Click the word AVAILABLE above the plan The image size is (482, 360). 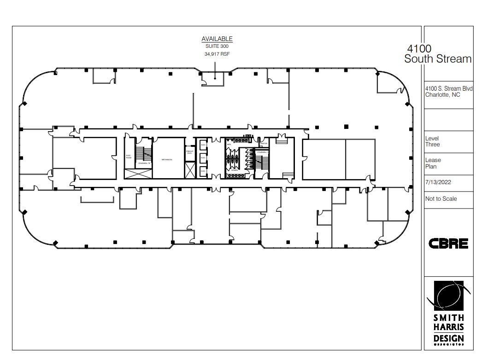click(217, 39)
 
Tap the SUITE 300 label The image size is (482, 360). click(217, 46)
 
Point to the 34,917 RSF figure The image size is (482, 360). click(217, 54)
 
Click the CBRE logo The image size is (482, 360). click(448, 244)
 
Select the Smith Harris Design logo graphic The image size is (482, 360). click(448, 295)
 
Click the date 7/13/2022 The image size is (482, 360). click(438, 182)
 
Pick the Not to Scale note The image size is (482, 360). click(441, 199)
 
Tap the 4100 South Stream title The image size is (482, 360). click(438, 54)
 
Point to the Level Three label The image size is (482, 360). click(432, 141)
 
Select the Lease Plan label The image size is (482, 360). click(433, 163)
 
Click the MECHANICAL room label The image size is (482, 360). click(167, 160)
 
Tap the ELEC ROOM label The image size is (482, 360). click(129, 157)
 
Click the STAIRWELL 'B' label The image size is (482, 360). click(145, 163)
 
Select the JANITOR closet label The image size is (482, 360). click(264, 144)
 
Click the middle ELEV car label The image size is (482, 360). click(203, 158)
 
